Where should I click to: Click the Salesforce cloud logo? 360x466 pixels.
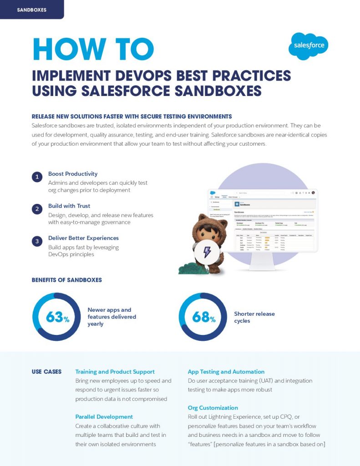pos(308,46)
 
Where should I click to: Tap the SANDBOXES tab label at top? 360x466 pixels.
pos(31,10)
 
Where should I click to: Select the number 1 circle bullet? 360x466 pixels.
pos(37,177)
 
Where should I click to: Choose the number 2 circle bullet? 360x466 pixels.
pos(37,209)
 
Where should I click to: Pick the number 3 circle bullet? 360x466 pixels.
pos(37,241)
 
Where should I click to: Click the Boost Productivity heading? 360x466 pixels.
pos(73,174)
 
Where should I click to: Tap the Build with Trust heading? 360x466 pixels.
pos(69,206)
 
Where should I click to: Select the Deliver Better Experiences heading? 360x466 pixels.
pos(83,238)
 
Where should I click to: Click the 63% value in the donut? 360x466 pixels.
pos(57,317)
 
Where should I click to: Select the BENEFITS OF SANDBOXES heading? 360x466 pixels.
pos(66,280)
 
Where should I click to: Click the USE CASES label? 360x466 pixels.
pos(46,372)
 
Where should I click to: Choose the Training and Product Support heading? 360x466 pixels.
pos(115,372)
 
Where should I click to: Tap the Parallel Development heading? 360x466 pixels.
pos(104,417)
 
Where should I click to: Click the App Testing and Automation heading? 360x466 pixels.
pos(226,372)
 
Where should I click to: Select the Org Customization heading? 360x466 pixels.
pos(213,408)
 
